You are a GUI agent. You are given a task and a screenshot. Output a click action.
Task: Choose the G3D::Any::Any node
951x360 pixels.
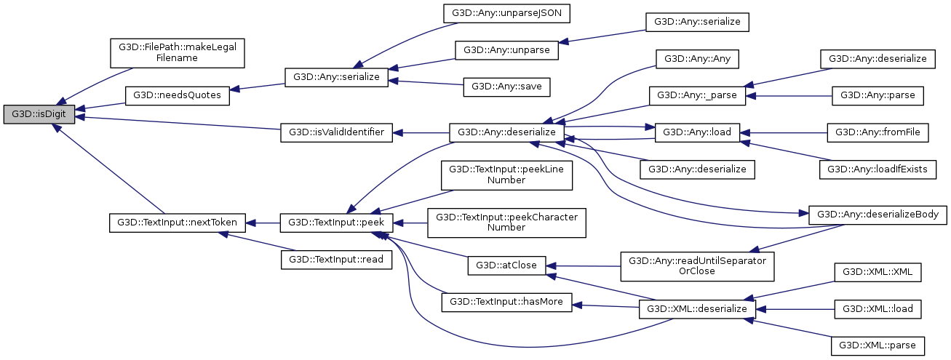(x=697, y=58)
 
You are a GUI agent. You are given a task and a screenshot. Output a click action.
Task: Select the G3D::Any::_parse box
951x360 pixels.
(x=697, y=95)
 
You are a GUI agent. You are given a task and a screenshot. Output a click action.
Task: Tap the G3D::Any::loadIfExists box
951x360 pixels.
(x=878, y=169)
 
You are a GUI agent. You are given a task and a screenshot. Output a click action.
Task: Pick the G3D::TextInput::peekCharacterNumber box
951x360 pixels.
(x=506, y=223)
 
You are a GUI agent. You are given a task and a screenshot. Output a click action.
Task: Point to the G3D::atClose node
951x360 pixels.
(x=506, y=265)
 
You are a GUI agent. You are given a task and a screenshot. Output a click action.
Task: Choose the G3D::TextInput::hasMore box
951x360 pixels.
(x=506, y=302)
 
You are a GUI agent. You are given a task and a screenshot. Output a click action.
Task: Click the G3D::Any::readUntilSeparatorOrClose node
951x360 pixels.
(x=697, y=265)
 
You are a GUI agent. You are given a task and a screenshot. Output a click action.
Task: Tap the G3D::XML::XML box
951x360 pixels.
(x=878, y=272)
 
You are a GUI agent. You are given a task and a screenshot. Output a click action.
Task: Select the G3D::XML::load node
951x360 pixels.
(x=878, y=309)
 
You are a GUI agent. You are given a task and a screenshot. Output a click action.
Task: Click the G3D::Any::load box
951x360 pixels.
(x=697, y=132)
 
